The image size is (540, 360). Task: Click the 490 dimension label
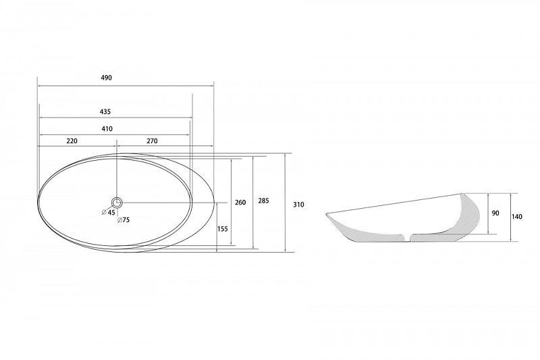[107, 78]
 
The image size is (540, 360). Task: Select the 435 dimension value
[105, 111]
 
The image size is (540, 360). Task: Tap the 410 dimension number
[107, 129]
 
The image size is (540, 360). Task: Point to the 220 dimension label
[72, 141]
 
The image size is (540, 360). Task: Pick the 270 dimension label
[152, 141]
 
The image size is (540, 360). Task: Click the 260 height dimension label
[240, 202]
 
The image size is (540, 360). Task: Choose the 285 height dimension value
[263, 201]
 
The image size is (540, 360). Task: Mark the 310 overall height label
[298, 205]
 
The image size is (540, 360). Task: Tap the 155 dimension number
[223, 229]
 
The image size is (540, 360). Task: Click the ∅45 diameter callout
[109, 212]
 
